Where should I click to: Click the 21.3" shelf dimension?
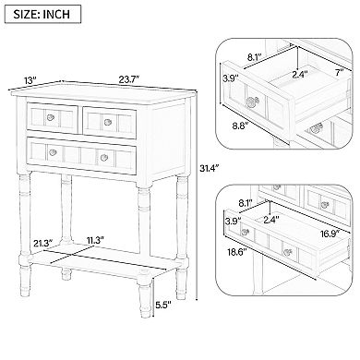[41, 243]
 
